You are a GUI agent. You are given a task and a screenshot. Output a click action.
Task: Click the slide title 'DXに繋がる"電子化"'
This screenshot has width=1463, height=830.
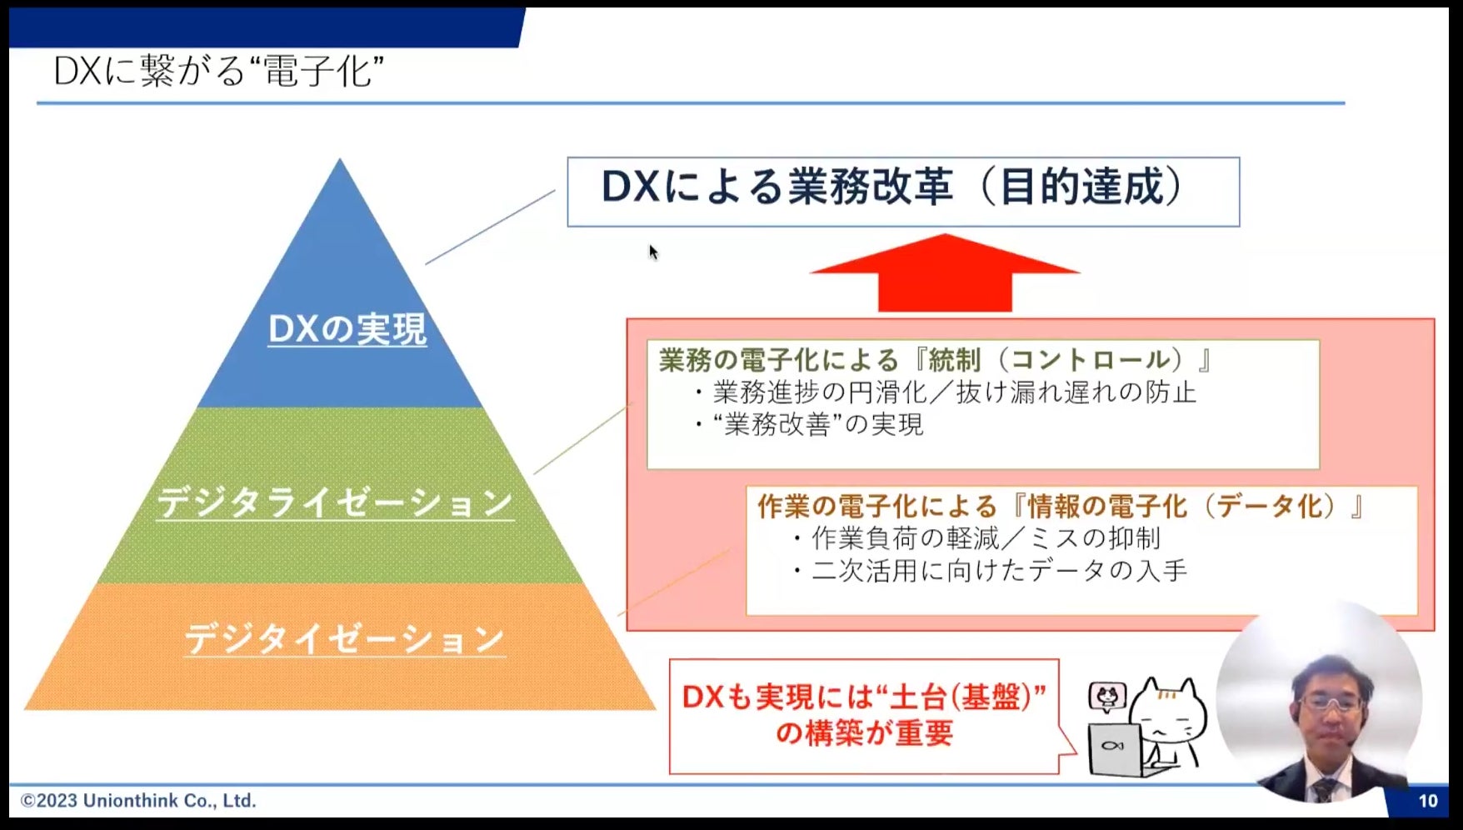218,72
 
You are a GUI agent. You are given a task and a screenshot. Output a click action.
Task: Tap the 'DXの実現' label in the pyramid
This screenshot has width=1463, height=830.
347,330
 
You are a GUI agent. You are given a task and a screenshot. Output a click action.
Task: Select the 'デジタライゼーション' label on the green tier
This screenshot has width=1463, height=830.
335,502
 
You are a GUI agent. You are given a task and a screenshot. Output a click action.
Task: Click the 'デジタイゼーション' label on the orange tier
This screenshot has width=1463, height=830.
344,639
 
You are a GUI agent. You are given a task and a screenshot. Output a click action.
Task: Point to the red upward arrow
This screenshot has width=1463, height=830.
945,274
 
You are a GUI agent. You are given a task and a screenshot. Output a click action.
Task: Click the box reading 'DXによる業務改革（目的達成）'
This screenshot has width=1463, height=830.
902,192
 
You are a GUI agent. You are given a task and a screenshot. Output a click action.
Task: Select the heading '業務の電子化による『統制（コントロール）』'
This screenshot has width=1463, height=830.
935,360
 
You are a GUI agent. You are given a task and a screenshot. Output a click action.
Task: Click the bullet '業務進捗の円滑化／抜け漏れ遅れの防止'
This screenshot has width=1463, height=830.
954,392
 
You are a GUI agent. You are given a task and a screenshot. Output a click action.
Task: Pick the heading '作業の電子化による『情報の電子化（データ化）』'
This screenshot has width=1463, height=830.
1060,506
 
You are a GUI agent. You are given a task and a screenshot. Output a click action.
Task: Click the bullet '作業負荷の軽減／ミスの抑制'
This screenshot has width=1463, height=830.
986,538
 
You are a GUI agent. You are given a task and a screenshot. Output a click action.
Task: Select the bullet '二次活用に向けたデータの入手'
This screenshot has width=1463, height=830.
999,571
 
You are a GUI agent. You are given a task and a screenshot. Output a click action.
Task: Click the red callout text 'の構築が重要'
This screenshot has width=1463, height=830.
864,733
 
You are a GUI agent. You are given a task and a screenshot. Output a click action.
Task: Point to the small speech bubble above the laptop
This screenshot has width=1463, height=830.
1107,696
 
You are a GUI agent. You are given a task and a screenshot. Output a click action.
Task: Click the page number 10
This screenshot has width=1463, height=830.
1427,801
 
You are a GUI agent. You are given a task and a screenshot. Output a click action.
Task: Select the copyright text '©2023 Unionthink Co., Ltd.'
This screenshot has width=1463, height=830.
138,801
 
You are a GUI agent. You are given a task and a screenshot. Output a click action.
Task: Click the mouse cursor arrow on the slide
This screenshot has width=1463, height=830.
653,252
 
